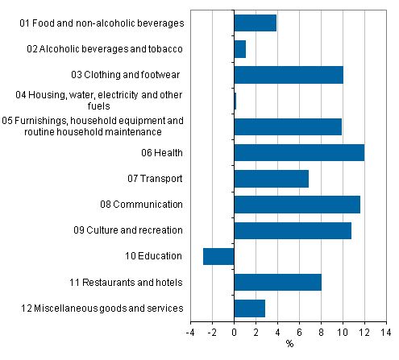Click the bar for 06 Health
(x=298, y=152)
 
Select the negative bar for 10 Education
(x=218, y=256)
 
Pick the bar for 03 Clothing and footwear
(x=288, y=75)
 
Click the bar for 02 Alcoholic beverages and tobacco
(x=239, y=49)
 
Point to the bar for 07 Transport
(x=271, y=178)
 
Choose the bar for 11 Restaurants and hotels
(x=277, y=282)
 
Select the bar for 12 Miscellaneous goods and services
(x=249, y=308)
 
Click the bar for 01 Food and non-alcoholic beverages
(x=255, y=23)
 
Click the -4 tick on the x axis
(x=190, y=331)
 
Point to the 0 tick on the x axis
(x=234, y=331)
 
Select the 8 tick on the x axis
(x=321, y=331)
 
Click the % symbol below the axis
(x=289, y=345)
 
